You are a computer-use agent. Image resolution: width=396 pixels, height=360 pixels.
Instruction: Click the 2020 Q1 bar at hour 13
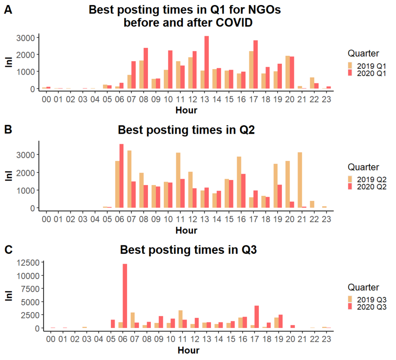click(206, 62)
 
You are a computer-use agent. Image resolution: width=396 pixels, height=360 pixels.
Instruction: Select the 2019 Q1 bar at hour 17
click(251, 70)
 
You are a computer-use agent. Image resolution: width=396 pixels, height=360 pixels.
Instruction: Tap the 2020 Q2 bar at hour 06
click(121, 176)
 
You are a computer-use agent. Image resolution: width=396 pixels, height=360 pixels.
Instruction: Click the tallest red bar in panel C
click(125, 296)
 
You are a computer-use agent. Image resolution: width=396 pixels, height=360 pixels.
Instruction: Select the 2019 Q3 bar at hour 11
click(180, 319)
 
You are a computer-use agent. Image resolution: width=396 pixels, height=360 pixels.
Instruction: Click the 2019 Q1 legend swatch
click(351, 66)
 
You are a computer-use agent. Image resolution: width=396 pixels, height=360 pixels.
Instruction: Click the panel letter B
click(8, 130)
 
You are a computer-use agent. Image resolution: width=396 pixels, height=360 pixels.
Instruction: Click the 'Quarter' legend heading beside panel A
click(363, 53)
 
